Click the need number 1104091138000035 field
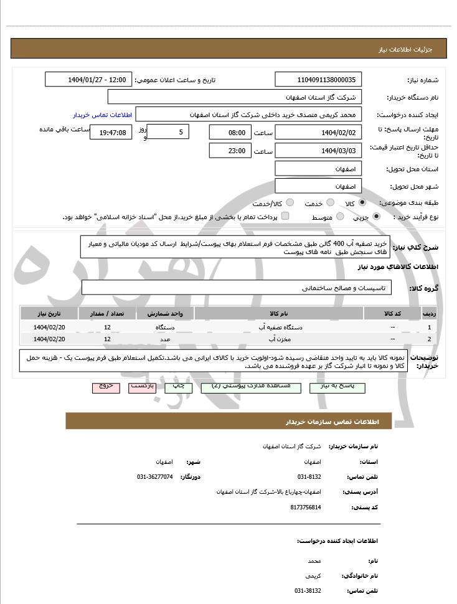[318, 80]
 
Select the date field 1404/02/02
[318, 132]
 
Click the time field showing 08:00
[230, 132]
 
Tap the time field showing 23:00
[230, 151]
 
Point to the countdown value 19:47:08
[111, 132]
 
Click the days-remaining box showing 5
[168, 132]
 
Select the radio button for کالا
[362, 203]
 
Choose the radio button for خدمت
[331, 203]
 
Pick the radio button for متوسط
[340, 217]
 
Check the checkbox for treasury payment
[285, 216]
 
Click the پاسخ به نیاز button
[340, 387]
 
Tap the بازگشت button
[143, 387]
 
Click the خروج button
[106, 387]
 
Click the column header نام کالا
[279, 313]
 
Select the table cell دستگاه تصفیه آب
[279, 327]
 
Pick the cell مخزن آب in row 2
[279, 339]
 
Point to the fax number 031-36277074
[155, 476]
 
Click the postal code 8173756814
[306, 507]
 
